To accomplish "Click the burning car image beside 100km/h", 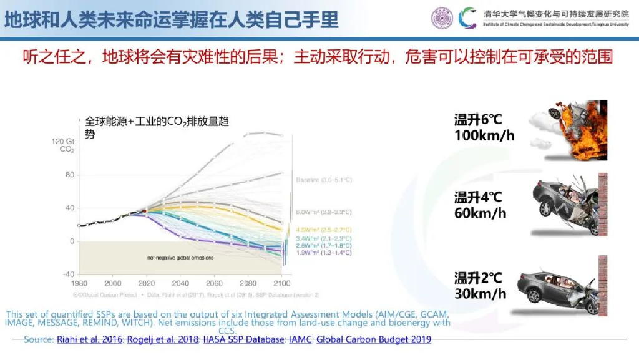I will click(568, 129).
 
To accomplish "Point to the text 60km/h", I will click(480, 213).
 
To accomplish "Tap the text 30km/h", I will click(480, 293).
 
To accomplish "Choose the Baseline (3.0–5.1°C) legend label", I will click(324, 180).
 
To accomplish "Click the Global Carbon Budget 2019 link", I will click(374, 339).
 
